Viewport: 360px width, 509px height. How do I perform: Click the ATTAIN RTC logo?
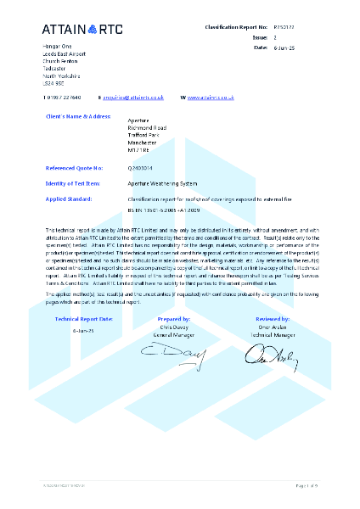(x=82, y=30)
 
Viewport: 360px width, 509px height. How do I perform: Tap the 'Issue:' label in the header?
(x=260, y=38)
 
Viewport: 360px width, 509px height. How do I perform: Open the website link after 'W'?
(x=211, y=98)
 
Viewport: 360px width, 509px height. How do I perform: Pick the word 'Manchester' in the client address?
(x=143, y=143)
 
